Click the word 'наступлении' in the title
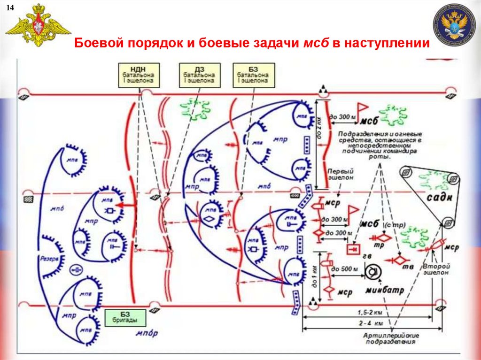(x=387, y=44)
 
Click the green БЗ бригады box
(x=125, y=318)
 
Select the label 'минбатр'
(x=385, y=290)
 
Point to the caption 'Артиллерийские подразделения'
(x=391, y=338)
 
